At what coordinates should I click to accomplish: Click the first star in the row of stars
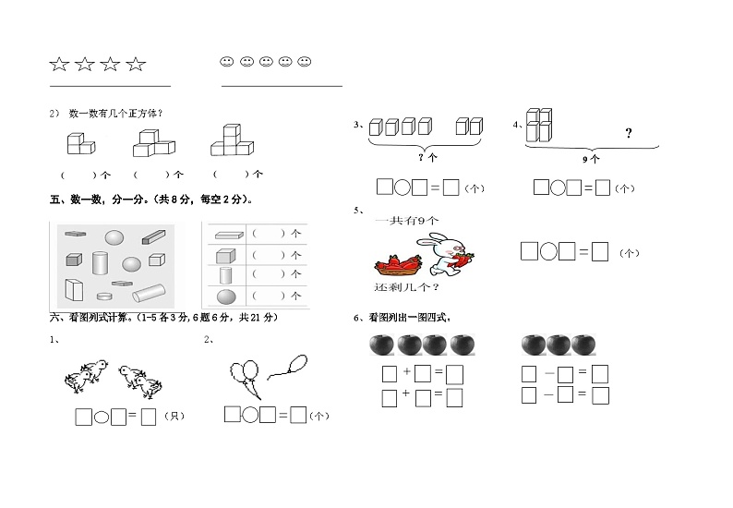(59, 64)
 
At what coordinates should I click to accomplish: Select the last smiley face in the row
(305, 62)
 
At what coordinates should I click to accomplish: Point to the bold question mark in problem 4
(629, 134)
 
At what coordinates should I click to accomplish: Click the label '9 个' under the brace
(591, 158)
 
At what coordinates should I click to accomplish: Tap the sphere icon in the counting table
(226, 296)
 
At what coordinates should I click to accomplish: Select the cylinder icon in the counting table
(226, 275)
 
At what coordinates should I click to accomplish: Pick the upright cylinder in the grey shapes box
(101, 263)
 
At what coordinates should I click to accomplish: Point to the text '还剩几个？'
(400, 287)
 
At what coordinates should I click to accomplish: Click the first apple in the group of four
(381, 345)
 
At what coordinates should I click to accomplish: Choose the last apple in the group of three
(583, 345)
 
